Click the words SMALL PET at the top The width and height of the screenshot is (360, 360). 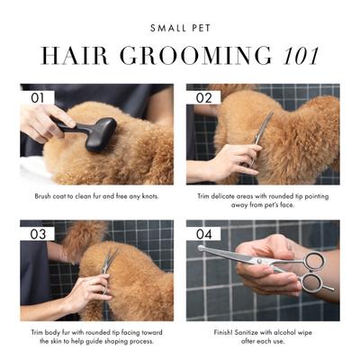coord(180,28)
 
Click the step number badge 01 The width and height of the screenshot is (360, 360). coord(38,95)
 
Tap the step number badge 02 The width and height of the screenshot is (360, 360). coord(203,95)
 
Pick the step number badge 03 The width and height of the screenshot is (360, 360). coord(38,232)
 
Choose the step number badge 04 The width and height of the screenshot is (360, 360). coord(203,232)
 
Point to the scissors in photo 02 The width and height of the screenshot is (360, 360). coord(262,131)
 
